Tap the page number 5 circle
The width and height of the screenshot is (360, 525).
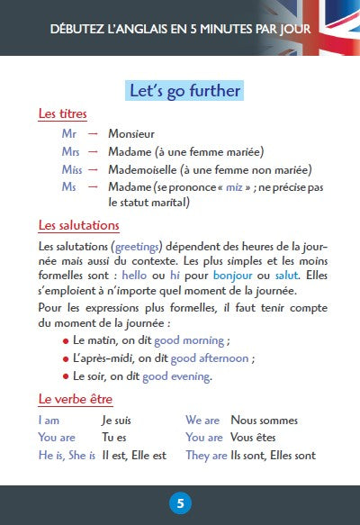click(180, 502)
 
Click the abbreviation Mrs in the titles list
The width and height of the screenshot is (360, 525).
click(70, 151)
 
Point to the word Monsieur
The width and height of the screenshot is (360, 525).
click(131, 133)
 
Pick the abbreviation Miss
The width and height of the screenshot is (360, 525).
click(72, 169)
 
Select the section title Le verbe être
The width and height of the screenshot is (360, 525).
click(76, 399)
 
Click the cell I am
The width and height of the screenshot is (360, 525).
click(50, 421)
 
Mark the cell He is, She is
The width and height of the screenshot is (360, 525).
click(67, 456)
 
